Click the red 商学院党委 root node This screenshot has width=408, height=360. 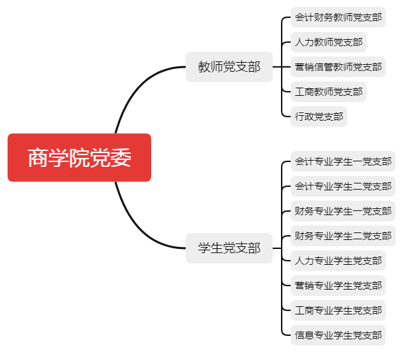79,157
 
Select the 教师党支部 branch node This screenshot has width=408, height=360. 229,67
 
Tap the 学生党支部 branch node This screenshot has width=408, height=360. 229,248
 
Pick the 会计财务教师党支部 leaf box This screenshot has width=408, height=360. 338,17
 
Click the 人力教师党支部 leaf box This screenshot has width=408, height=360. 329,42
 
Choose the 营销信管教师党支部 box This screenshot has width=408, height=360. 338,67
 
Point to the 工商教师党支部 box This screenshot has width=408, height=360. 329,92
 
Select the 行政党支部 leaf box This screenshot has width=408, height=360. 319,117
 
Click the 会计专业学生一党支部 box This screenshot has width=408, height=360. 343,161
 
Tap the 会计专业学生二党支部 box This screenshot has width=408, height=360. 343,186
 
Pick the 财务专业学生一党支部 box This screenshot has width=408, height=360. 343,211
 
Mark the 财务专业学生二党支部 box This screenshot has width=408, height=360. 343,236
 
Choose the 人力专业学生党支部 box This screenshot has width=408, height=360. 338,261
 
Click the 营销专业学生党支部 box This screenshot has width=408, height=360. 338,286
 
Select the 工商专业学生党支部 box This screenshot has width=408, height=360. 338,310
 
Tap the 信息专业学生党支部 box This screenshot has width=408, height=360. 338,335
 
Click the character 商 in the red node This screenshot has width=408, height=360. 38,158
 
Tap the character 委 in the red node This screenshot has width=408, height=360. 121,158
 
